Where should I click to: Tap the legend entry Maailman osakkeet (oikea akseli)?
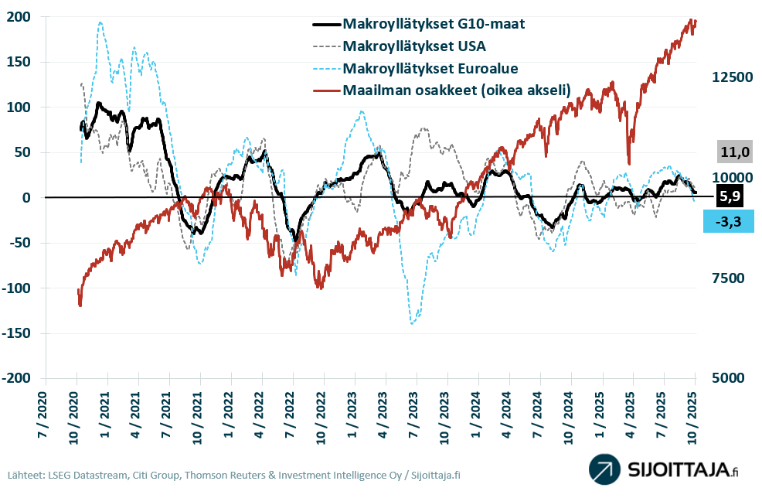point(456,90)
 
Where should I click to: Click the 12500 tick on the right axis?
point(731,77)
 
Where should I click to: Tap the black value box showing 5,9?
point(730,196)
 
